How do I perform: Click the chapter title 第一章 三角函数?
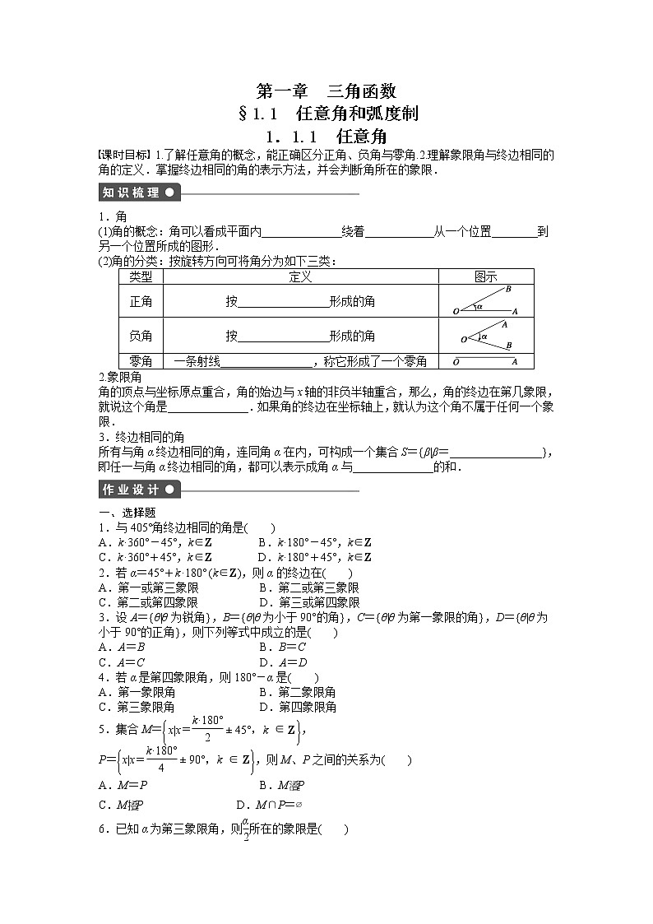pos(326,91)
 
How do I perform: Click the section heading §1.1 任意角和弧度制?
pos(326,114)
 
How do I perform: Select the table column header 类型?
pos(141,277)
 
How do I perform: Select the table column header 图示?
pos(485,277)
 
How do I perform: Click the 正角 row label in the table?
pos(141,302)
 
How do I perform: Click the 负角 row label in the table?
pos(141,336)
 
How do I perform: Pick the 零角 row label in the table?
pos(141,361)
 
